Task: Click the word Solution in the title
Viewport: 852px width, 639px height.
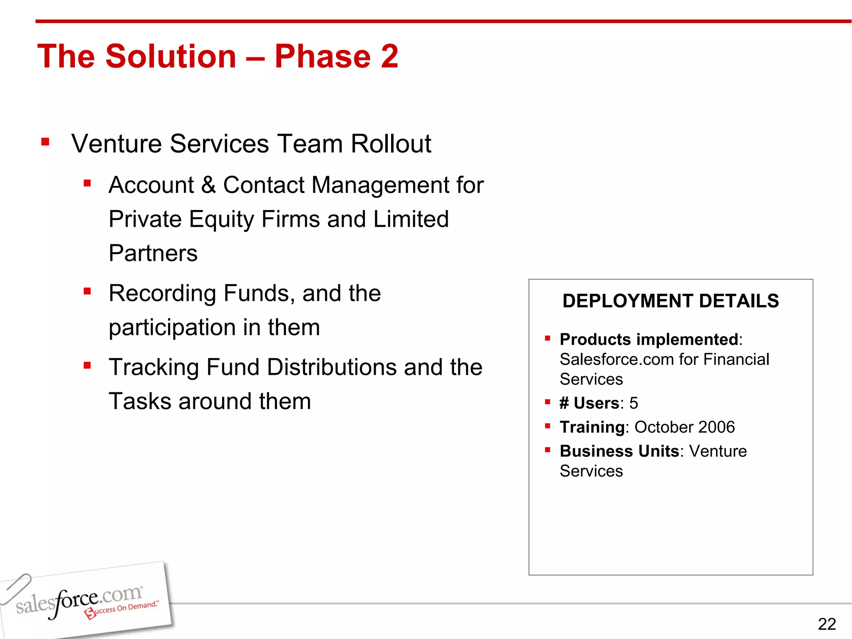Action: point(171,56)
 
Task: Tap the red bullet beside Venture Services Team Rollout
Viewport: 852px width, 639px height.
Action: point(45,142)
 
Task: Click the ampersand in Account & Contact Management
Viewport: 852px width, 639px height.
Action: point(208,185)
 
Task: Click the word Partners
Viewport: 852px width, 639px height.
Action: point(153,253)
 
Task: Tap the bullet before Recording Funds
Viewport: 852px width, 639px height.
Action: point(87,291)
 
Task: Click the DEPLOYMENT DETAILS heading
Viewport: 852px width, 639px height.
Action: point(670,301)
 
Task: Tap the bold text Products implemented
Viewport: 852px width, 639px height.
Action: point(649,339)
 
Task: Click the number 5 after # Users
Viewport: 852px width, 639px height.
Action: point(633,403)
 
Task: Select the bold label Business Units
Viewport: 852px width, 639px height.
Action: point(619,451)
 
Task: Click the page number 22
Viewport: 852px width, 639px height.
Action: point(826,624)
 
